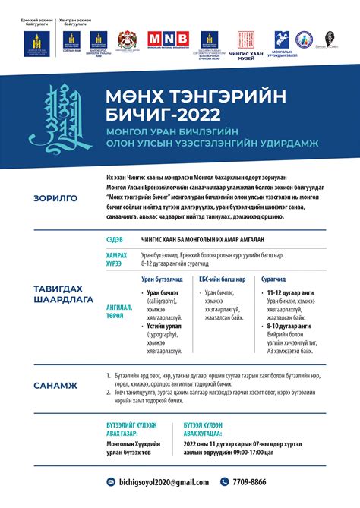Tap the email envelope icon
point(110,481)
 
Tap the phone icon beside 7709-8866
point(225,481)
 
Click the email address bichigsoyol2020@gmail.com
point(162,481)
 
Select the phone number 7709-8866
point(250,481)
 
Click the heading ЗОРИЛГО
point(55,200)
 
